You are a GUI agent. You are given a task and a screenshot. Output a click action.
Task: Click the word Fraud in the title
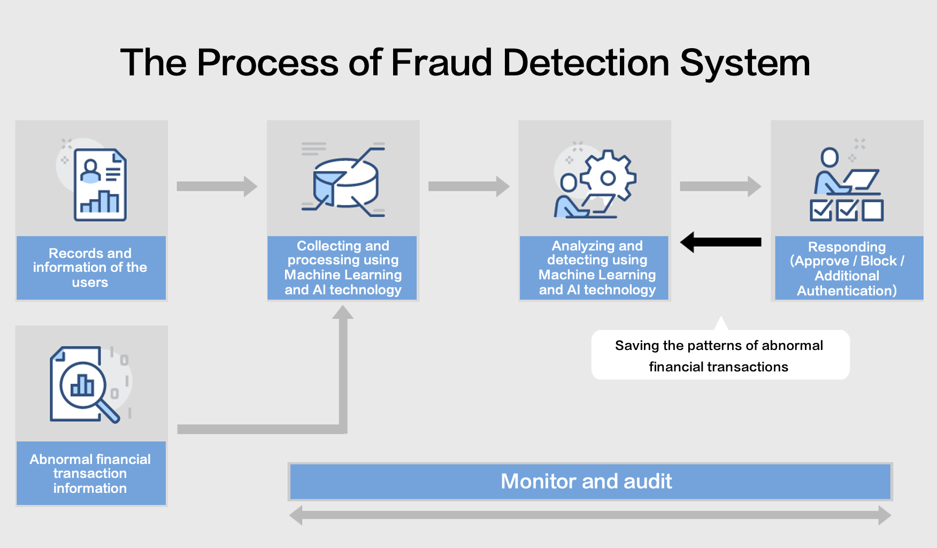click(x=441, y=63)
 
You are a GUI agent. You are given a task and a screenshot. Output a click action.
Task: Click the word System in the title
click(x=744, y=63)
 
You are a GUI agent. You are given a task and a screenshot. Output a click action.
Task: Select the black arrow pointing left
click(x=720, y=242)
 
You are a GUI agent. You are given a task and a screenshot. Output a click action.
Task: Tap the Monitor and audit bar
click(x=590, y=482)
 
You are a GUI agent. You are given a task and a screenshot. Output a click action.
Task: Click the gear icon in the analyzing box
click(x=608, y=177)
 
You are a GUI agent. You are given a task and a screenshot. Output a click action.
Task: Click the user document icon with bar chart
click(x=100, y=185)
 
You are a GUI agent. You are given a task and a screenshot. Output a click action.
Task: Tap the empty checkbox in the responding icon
click(x=873, y=210)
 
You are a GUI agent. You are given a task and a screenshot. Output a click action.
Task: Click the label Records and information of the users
click(x=90, y=268)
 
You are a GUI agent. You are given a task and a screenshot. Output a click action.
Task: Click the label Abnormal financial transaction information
click(x=90, y=474)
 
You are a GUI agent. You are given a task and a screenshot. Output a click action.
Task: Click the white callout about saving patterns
click(x=719, y=356)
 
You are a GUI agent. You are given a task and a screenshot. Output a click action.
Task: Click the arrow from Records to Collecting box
click(x=217, y=186)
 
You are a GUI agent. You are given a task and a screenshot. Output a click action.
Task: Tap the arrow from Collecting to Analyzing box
click(x=469, y=186)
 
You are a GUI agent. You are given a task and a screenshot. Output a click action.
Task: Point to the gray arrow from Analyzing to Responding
click(x=720, y=186)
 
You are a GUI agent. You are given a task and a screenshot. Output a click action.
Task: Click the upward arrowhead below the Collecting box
click(x=343, y=313)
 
